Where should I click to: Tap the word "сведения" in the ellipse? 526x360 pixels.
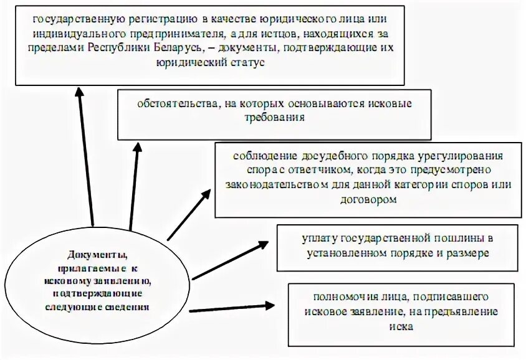pos(128,306)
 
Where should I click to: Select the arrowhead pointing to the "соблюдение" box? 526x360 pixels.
pos(206,197)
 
